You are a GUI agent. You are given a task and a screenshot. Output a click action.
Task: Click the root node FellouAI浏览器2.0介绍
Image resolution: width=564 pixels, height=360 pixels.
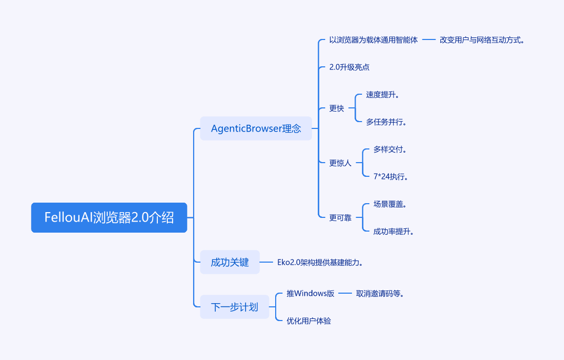click(109, 217)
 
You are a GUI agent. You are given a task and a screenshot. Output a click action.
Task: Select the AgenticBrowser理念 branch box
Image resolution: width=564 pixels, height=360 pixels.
click(256, 128)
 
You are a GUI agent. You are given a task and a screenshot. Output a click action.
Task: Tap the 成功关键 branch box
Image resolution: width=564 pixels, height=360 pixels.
click(230, 262)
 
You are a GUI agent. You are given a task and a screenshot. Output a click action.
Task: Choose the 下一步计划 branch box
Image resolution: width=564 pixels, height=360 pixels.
click(235, 307)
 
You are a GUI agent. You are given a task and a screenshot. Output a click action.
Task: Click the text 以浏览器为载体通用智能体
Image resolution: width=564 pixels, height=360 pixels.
click(374, 40)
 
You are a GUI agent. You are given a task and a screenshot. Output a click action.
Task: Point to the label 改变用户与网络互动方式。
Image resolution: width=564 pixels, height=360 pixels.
click(482, 40)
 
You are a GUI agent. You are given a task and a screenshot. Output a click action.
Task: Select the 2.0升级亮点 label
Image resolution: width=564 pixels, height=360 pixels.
click(349, 67)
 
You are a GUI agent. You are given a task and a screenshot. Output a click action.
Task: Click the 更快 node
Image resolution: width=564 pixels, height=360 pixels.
click(337, 108)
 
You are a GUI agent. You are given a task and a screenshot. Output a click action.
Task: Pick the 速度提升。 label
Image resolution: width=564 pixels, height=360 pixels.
click(382, 95)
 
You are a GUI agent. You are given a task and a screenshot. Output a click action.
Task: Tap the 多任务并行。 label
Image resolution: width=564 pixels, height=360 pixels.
click(386, 122)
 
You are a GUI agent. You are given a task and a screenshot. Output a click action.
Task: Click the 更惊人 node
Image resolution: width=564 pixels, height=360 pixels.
click(340, 163)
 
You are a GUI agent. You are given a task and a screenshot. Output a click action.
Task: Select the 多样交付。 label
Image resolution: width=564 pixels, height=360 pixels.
click(390, 149)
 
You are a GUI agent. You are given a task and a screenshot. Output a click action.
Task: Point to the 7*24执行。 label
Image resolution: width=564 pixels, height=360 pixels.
click(390, 177)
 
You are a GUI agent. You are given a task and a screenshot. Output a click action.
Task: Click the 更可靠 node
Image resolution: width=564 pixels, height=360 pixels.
click(340, 218)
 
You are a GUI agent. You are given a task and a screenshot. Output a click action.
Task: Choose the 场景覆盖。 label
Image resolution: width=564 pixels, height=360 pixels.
click(390, 204)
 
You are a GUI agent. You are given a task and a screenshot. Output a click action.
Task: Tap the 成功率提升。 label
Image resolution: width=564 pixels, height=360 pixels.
click(394, 232)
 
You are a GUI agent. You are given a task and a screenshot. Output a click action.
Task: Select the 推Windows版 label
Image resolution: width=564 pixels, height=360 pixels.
click(310, 293)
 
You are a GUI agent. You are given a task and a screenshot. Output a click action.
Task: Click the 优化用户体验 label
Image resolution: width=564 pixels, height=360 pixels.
click(309, 321)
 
